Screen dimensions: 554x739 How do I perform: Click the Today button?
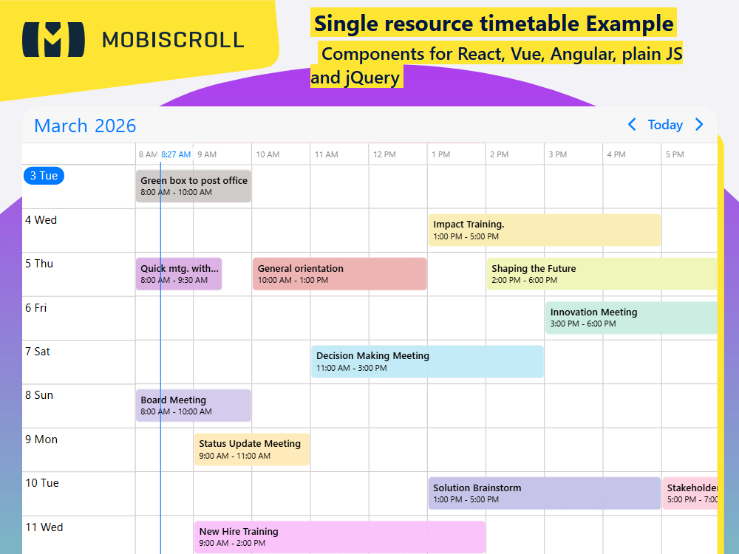(x=665, y=125)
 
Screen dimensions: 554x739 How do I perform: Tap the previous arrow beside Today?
(x=632, y=125)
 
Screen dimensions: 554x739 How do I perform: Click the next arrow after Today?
(x=699, y=125)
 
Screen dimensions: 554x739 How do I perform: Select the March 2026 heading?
(x=85, y=126)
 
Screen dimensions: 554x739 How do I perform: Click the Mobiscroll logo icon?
(x=54, y=39)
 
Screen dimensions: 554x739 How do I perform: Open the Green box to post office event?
(x=194, y=186)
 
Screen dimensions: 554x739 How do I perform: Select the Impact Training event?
(x=544, y=230)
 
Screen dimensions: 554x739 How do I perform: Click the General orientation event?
(x=339, y=274)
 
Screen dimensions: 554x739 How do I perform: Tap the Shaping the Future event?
(x=602, y=274)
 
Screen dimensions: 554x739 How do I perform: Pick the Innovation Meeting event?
(x=631, y=318)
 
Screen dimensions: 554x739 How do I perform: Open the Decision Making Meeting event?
(x=427, y=361)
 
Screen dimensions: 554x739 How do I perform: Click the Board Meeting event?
(x=194, y=406)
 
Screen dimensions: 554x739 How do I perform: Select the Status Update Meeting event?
(x=252, y=449)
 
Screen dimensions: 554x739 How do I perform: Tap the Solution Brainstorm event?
(x=544, y=493)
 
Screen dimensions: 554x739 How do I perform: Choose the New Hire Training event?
(x=339, y=537)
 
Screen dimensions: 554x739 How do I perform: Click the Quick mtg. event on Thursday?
(x=179, y=274)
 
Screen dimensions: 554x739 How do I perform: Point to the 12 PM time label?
(x=384, y=154)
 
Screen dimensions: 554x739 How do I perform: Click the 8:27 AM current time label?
(x=176, y=154)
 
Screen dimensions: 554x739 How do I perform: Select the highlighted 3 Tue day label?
(x=44, y=176)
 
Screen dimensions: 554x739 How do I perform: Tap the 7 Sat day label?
(x=38, y=352)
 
